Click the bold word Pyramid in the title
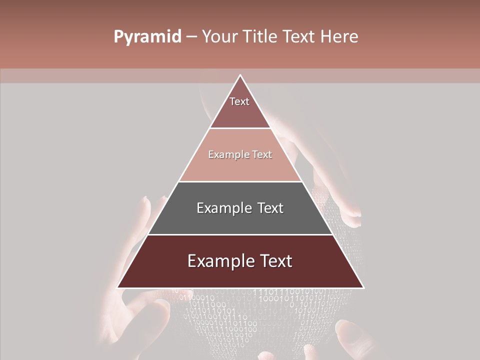coord(147,37)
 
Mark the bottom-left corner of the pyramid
coord(118,287)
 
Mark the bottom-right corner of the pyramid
coord(362,287)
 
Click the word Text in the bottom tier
coord(273,261)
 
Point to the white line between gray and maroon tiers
coord(240,234)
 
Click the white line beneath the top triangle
coord(240,128)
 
